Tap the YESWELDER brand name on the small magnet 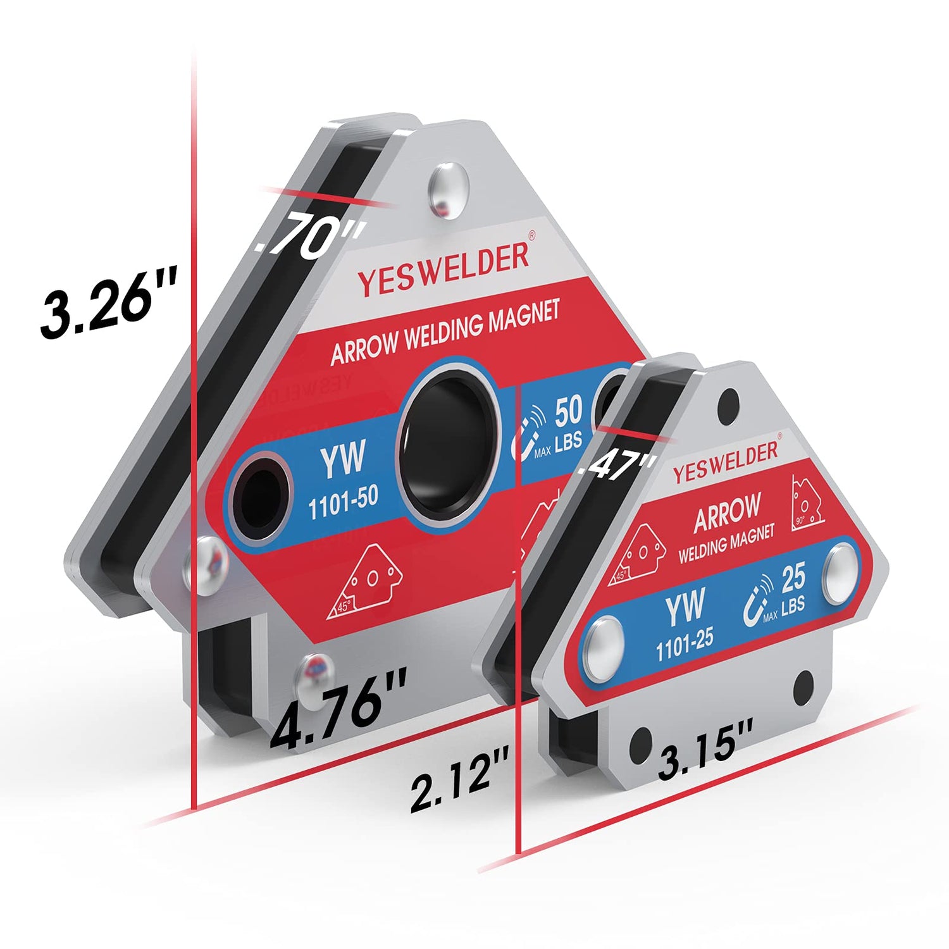[x=726, y=462]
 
